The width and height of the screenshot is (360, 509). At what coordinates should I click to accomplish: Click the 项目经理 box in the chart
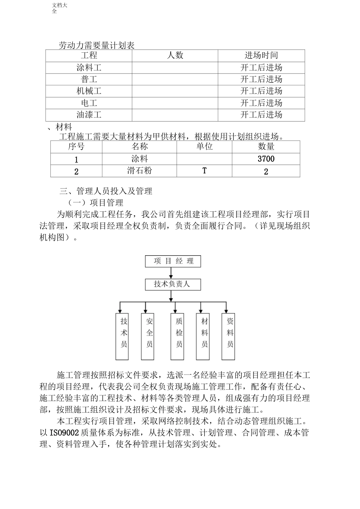pos(173,261)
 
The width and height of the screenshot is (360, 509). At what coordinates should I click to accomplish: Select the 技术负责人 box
pos(173,284)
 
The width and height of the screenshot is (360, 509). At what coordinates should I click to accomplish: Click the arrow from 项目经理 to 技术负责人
pos(173,273)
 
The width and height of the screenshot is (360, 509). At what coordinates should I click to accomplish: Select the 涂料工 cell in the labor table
pos(89,68)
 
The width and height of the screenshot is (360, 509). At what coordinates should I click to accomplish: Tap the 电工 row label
pos(89,103)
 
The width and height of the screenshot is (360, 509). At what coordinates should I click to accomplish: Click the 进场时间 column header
pos(261,56)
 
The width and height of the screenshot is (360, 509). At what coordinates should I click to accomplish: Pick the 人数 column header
pos(175,56)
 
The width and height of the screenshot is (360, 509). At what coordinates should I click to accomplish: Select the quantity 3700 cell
pos(266,159)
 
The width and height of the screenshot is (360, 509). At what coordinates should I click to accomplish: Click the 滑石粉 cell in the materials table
pos(139,171)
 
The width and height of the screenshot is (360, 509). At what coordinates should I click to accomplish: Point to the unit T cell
pos(204,171)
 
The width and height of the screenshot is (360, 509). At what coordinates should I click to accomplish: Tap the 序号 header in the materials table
pos(76,147)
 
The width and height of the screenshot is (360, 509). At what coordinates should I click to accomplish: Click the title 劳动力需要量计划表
pos(97,46)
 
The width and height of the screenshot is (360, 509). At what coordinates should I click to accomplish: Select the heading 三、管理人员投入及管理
pos(106,191)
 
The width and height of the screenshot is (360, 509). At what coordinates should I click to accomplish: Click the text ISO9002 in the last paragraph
pos(64,432)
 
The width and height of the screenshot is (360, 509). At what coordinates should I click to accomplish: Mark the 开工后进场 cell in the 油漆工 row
pos(261,115)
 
